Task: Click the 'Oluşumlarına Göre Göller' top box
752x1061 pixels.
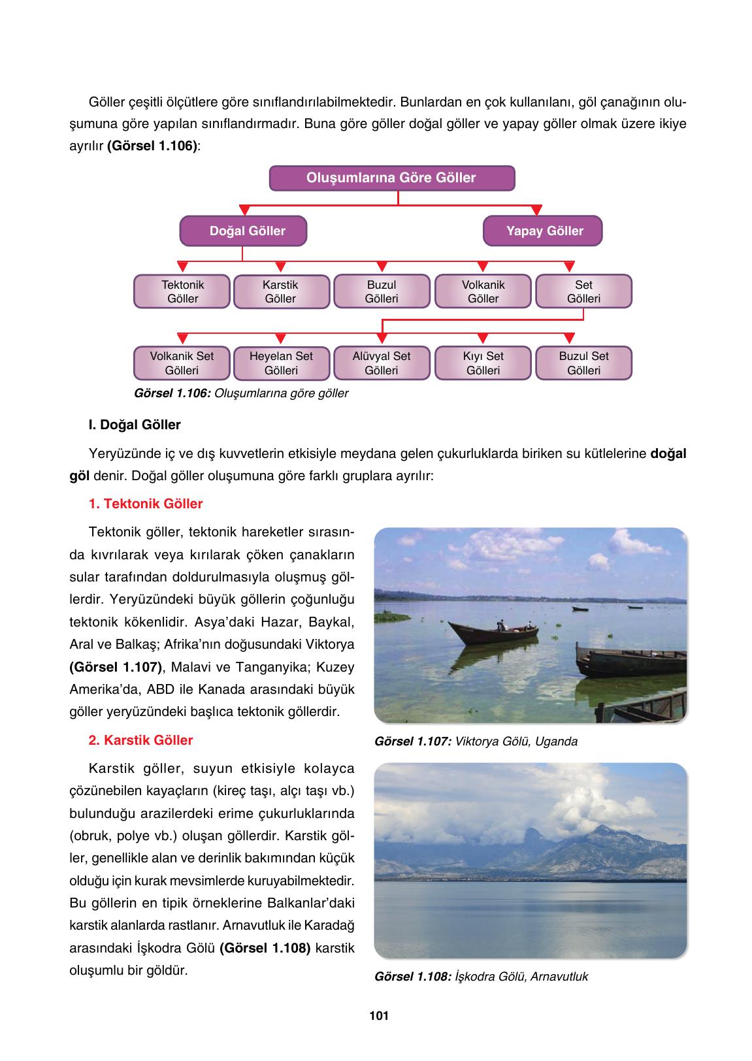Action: coord(391,178)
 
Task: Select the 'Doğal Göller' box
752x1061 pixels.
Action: coord(243,231)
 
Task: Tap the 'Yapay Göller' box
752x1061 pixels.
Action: coord(542,231)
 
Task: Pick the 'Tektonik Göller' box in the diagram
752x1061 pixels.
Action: coord(182,291)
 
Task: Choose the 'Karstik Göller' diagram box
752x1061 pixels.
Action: coord(281,292)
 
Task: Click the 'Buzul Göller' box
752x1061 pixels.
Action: coord(382,291)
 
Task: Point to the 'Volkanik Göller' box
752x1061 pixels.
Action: coord(483,291)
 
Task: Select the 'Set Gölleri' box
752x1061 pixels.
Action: coord(583,291)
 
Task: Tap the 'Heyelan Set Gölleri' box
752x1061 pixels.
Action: coord(281,363)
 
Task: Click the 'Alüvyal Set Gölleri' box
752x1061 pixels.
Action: coord(382,363)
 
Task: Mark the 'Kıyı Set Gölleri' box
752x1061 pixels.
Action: coord(483,363)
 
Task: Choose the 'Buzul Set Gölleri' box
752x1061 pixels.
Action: coord(583,363)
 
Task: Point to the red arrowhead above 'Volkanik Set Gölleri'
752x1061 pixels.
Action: coord(183,338)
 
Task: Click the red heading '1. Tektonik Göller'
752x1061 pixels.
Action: coord(145,504)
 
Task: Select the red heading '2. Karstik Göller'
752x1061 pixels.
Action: coord(140,740)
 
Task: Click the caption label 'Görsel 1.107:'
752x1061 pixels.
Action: coord(413,742)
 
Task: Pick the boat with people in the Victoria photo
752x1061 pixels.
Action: coord(496,633)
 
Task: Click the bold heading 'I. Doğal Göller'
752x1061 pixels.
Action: coord(135,425)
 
